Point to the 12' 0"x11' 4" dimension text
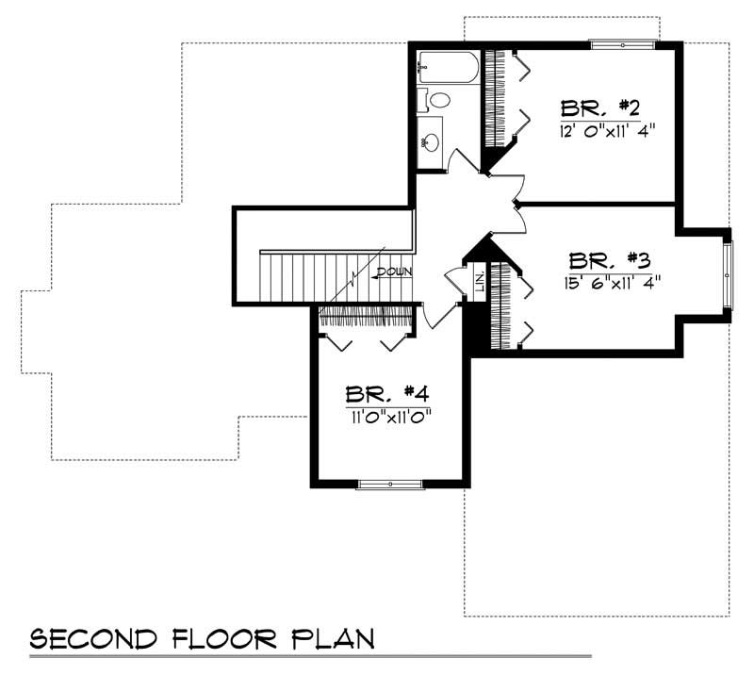[x=605, y=132]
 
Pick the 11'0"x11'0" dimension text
[x=390, y=415]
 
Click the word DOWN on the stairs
[x=393, y=273]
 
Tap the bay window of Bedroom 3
[x=727, y=274]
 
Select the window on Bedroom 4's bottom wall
[x=388, y=485]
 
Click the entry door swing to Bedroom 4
[x=437, y=314]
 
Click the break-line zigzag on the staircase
[x=352, y=277]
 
